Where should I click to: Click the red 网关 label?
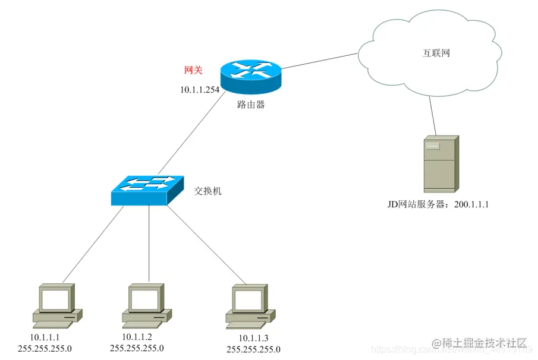(x=193, y=70)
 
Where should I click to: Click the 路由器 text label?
(x=250, y=105)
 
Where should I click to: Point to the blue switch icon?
(x=147, y=190)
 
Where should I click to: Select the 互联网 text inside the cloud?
(x=432, y=53)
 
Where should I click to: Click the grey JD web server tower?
(x=440, y=163)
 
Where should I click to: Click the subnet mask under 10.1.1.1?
(x=45, y=348)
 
